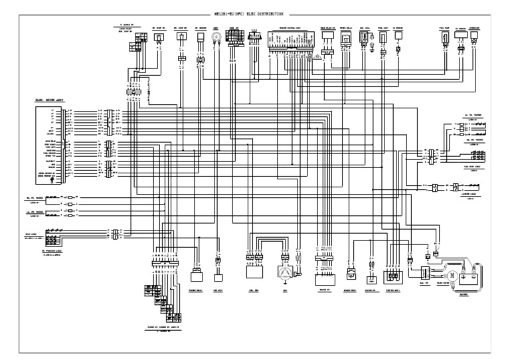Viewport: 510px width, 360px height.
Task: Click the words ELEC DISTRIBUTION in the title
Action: coord(270,13)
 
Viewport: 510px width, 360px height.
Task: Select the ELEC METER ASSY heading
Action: coord(49,100)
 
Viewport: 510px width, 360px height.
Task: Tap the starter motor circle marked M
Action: coord(451,275)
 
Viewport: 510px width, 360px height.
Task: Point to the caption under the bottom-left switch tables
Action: coord(162,328)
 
